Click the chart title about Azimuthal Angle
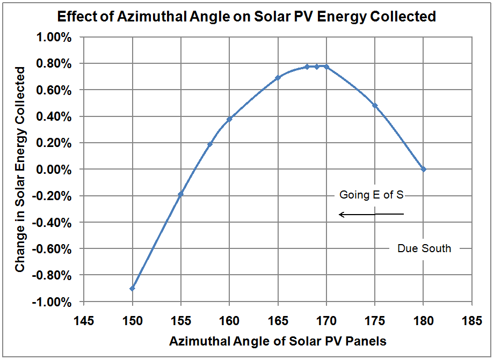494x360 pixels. tap(247, 17)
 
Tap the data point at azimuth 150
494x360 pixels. tap(132, 288)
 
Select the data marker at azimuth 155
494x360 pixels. tap(180, 194)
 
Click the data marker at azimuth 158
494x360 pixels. tap(210, 144)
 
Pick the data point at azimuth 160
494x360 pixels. tap(229, 119)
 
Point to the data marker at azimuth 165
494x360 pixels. tap(278, 78)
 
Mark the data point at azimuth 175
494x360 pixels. tap(375, 106)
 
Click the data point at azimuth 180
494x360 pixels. tap(424, 169)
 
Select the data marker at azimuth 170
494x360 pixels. tap(326, 67)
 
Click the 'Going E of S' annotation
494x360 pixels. tap(371, 195)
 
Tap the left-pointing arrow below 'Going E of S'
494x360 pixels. tap(371, 215)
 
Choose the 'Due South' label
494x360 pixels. tap(424, 248)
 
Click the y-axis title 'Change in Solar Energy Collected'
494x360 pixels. tap(20, 169)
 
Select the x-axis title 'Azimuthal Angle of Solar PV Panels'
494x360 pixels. tap(278, 341)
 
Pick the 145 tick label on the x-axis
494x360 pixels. tap(83, 320)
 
